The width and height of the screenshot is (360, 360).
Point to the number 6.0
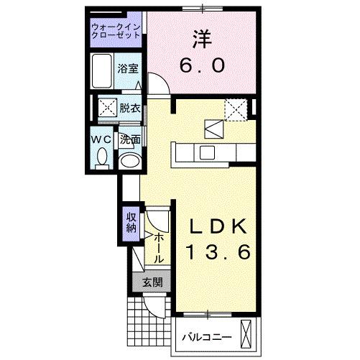click(202, 65)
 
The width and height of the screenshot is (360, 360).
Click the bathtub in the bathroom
click(103, 70)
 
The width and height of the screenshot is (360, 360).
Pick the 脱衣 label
click(129, 109)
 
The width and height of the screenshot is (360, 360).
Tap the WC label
click(101, 138)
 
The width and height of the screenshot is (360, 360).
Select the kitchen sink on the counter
click(206, 152)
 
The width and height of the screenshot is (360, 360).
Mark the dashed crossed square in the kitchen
click(235, 109)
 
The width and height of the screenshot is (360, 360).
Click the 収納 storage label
click(131, 223)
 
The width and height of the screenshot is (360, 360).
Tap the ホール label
click(159, 246)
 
